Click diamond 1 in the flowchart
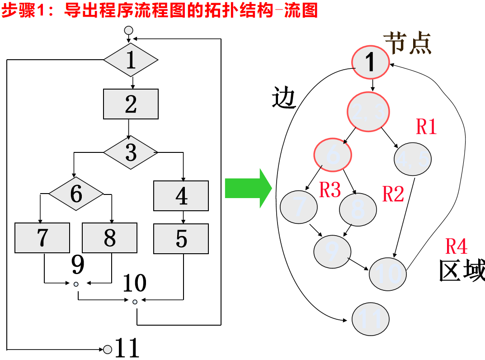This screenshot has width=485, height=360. pyautogui.click(x=131, y=60)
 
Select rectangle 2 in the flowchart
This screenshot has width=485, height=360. pyautogui.click(x=131, y=104)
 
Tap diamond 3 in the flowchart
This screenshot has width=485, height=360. pyautogui.click(x=131, y=152)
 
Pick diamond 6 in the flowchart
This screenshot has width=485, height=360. pyautogui.click(x=76, y=194)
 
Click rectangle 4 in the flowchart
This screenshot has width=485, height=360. pyautogui.click(x=181, y=196)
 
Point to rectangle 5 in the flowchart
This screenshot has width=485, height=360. pyautogui.click(x=181, y=238)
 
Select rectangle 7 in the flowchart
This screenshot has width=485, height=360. pyautogui.click(x=42, y=238)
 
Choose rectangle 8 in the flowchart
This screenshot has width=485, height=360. pyautogui.click(x=109, y=238)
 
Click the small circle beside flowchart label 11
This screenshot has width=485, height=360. pyautogui.click(x=108, y=349)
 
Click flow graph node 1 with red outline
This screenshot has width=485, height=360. pyautogui.click(x=370, y=62)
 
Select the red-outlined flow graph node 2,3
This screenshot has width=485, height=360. pyautogui.click(x=368, y=112)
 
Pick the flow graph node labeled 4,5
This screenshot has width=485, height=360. pyautogui.click(x=413, y=159)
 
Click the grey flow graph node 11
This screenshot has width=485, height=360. pyautogui.click(x=370, y=319)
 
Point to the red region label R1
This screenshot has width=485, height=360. pyautogui.click(x=426, y=127)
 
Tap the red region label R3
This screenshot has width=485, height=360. pyautogui.click(x=330, y=190)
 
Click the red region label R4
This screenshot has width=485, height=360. pyautogui.click(x=456, y=247)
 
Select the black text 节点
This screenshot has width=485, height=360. pyautogui.click(x=408, y=43)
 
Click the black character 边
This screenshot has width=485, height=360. pyautogui.click(x=284, y=98)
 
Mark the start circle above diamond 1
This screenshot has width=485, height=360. pyautogui.click(x=129, y=30)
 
